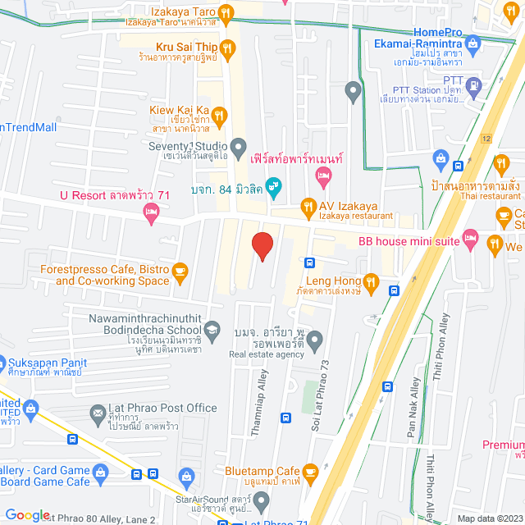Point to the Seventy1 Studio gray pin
[x=239, y=147]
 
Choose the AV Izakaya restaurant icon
[x=308, y=205]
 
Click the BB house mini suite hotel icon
[x=470, y=239]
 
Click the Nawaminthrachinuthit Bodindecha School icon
[x=212, y=329]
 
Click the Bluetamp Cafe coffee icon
[x=309, y=472]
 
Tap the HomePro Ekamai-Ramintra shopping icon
[x=472, y=43]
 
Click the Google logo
[x=27, y=514]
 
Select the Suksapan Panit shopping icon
[x=4, y=362]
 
